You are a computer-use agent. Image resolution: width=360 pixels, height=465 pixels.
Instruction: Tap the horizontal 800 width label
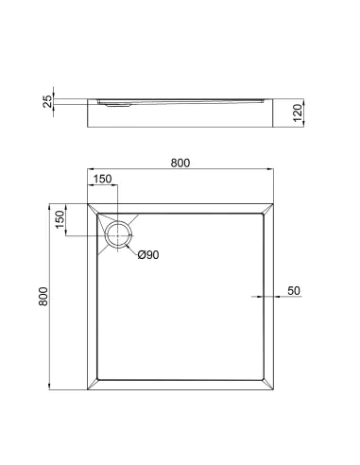click(x=180, y=163)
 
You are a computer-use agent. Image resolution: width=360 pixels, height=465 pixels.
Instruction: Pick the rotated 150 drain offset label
click(x=60, y=219)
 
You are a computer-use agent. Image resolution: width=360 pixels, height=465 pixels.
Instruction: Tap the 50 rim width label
click(x=293, y=289)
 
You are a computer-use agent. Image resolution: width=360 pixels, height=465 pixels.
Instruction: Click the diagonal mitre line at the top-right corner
click(x=270, y=208)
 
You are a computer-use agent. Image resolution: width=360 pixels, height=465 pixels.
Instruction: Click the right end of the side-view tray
click(x=280, y=113)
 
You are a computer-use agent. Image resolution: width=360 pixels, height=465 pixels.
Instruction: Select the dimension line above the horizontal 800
click(x=180, y=171)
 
